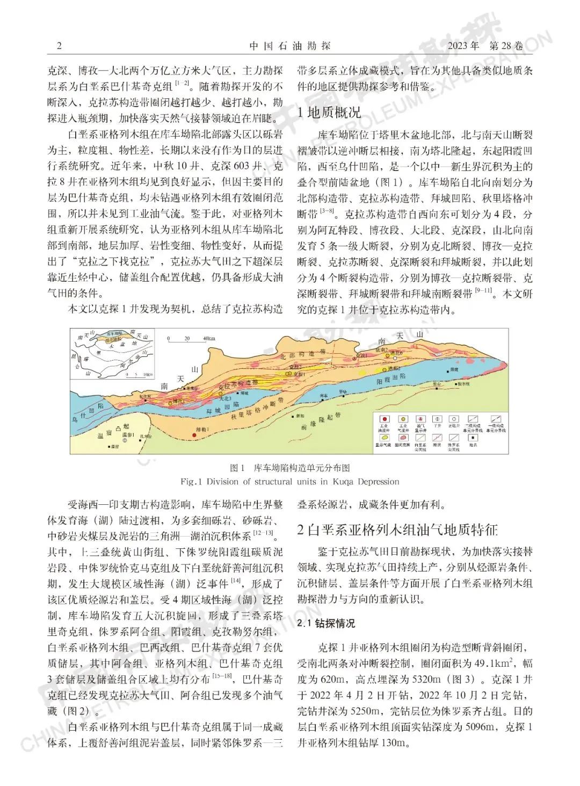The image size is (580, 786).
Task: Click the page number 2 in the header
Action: click(x=59, y=46)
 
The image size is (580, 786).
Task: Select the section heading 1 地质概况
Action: click(x=329, y=112)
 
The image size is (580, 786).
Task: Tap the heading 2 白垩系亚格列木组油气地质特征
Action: click(x=397, y=530)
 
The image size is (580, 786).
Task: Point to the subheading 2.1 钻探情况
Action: click(x=326, y=624)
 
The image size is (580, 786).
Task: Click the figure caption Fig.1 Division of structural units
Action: click(x=290, y=481)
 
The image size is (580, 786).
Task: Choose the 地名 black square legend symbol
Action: click(x=473, y=438)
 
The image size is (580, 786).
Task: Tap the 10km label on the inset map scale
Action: click(x=149, y=374)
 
